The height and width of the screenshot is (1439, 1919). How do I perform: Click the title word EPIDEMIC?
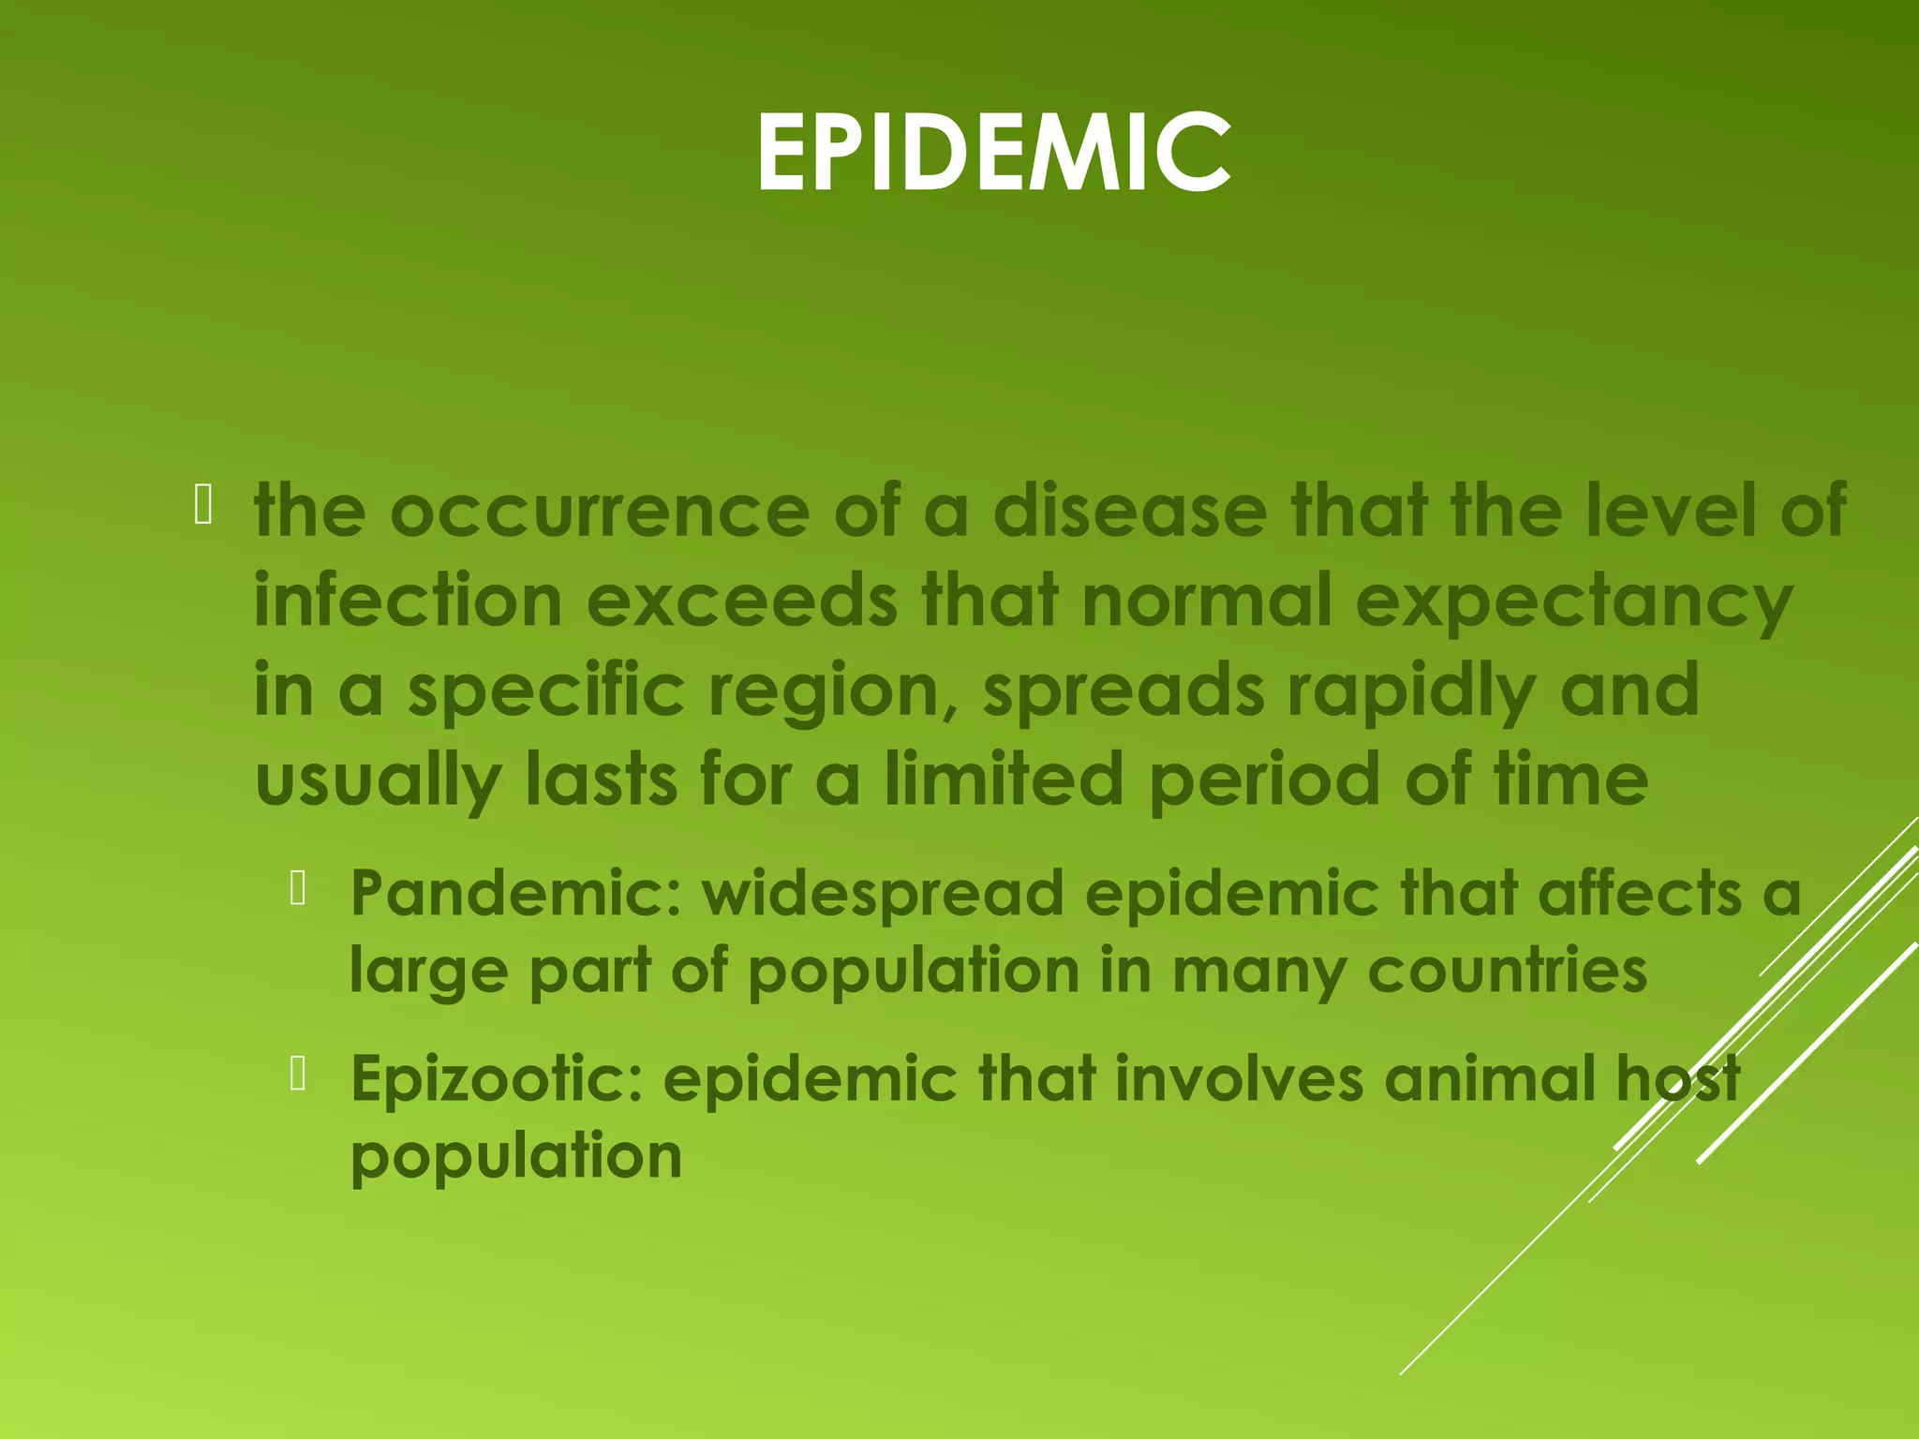[x=992, y=152]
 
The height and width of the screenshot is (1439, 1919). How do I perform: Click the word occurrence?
[x=599, y=511]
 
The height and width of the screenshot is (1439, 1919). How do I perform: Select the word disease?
[x=1129, y=511]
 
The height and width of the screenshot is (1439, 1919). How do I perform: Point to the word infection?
[x=408, y=600]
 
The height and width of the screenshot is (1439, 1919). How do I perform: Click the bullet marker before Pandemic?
[x=299, y=887]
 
